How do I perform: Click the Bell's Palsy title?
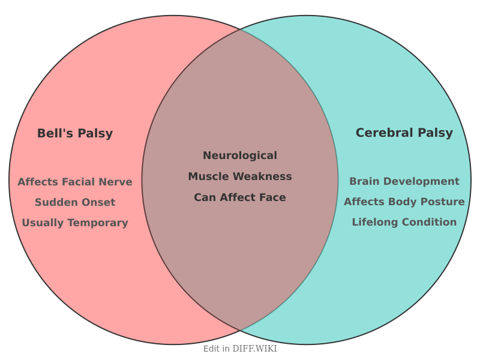75,133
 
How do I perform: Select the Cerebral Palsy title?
404,133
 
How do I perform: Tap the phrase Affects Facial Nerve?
75,182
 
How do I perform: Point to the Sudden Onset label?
75,202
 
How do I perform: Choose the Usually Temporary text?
75,223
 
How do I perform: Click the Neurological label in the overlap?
240,155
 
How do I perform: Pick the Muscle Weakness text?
240,176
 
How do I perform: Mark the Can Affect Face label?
240,197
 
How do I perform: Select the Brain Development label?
404,181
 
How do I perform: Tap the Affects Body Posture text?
404,202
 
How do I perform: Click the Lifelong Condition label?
404,222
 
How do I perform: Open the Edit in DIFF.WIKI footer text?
240,349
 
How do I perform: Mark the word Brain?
364,181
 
